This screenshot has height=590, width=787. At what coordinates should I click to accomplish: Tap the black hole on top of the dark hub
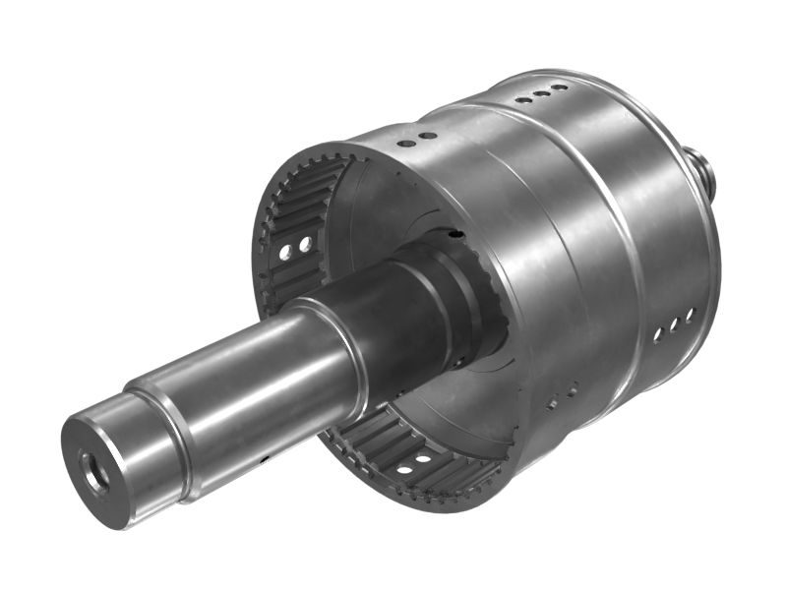point(454,234)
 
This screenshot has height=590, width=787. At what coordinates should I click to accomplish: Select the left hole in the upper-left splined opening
point(285,252)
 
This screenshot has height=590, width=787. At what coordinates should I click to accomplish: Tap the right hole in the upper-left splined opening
point(306,243)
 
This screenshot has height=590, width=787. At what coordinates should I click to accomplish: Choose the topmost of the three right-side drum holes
point(690,315)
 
